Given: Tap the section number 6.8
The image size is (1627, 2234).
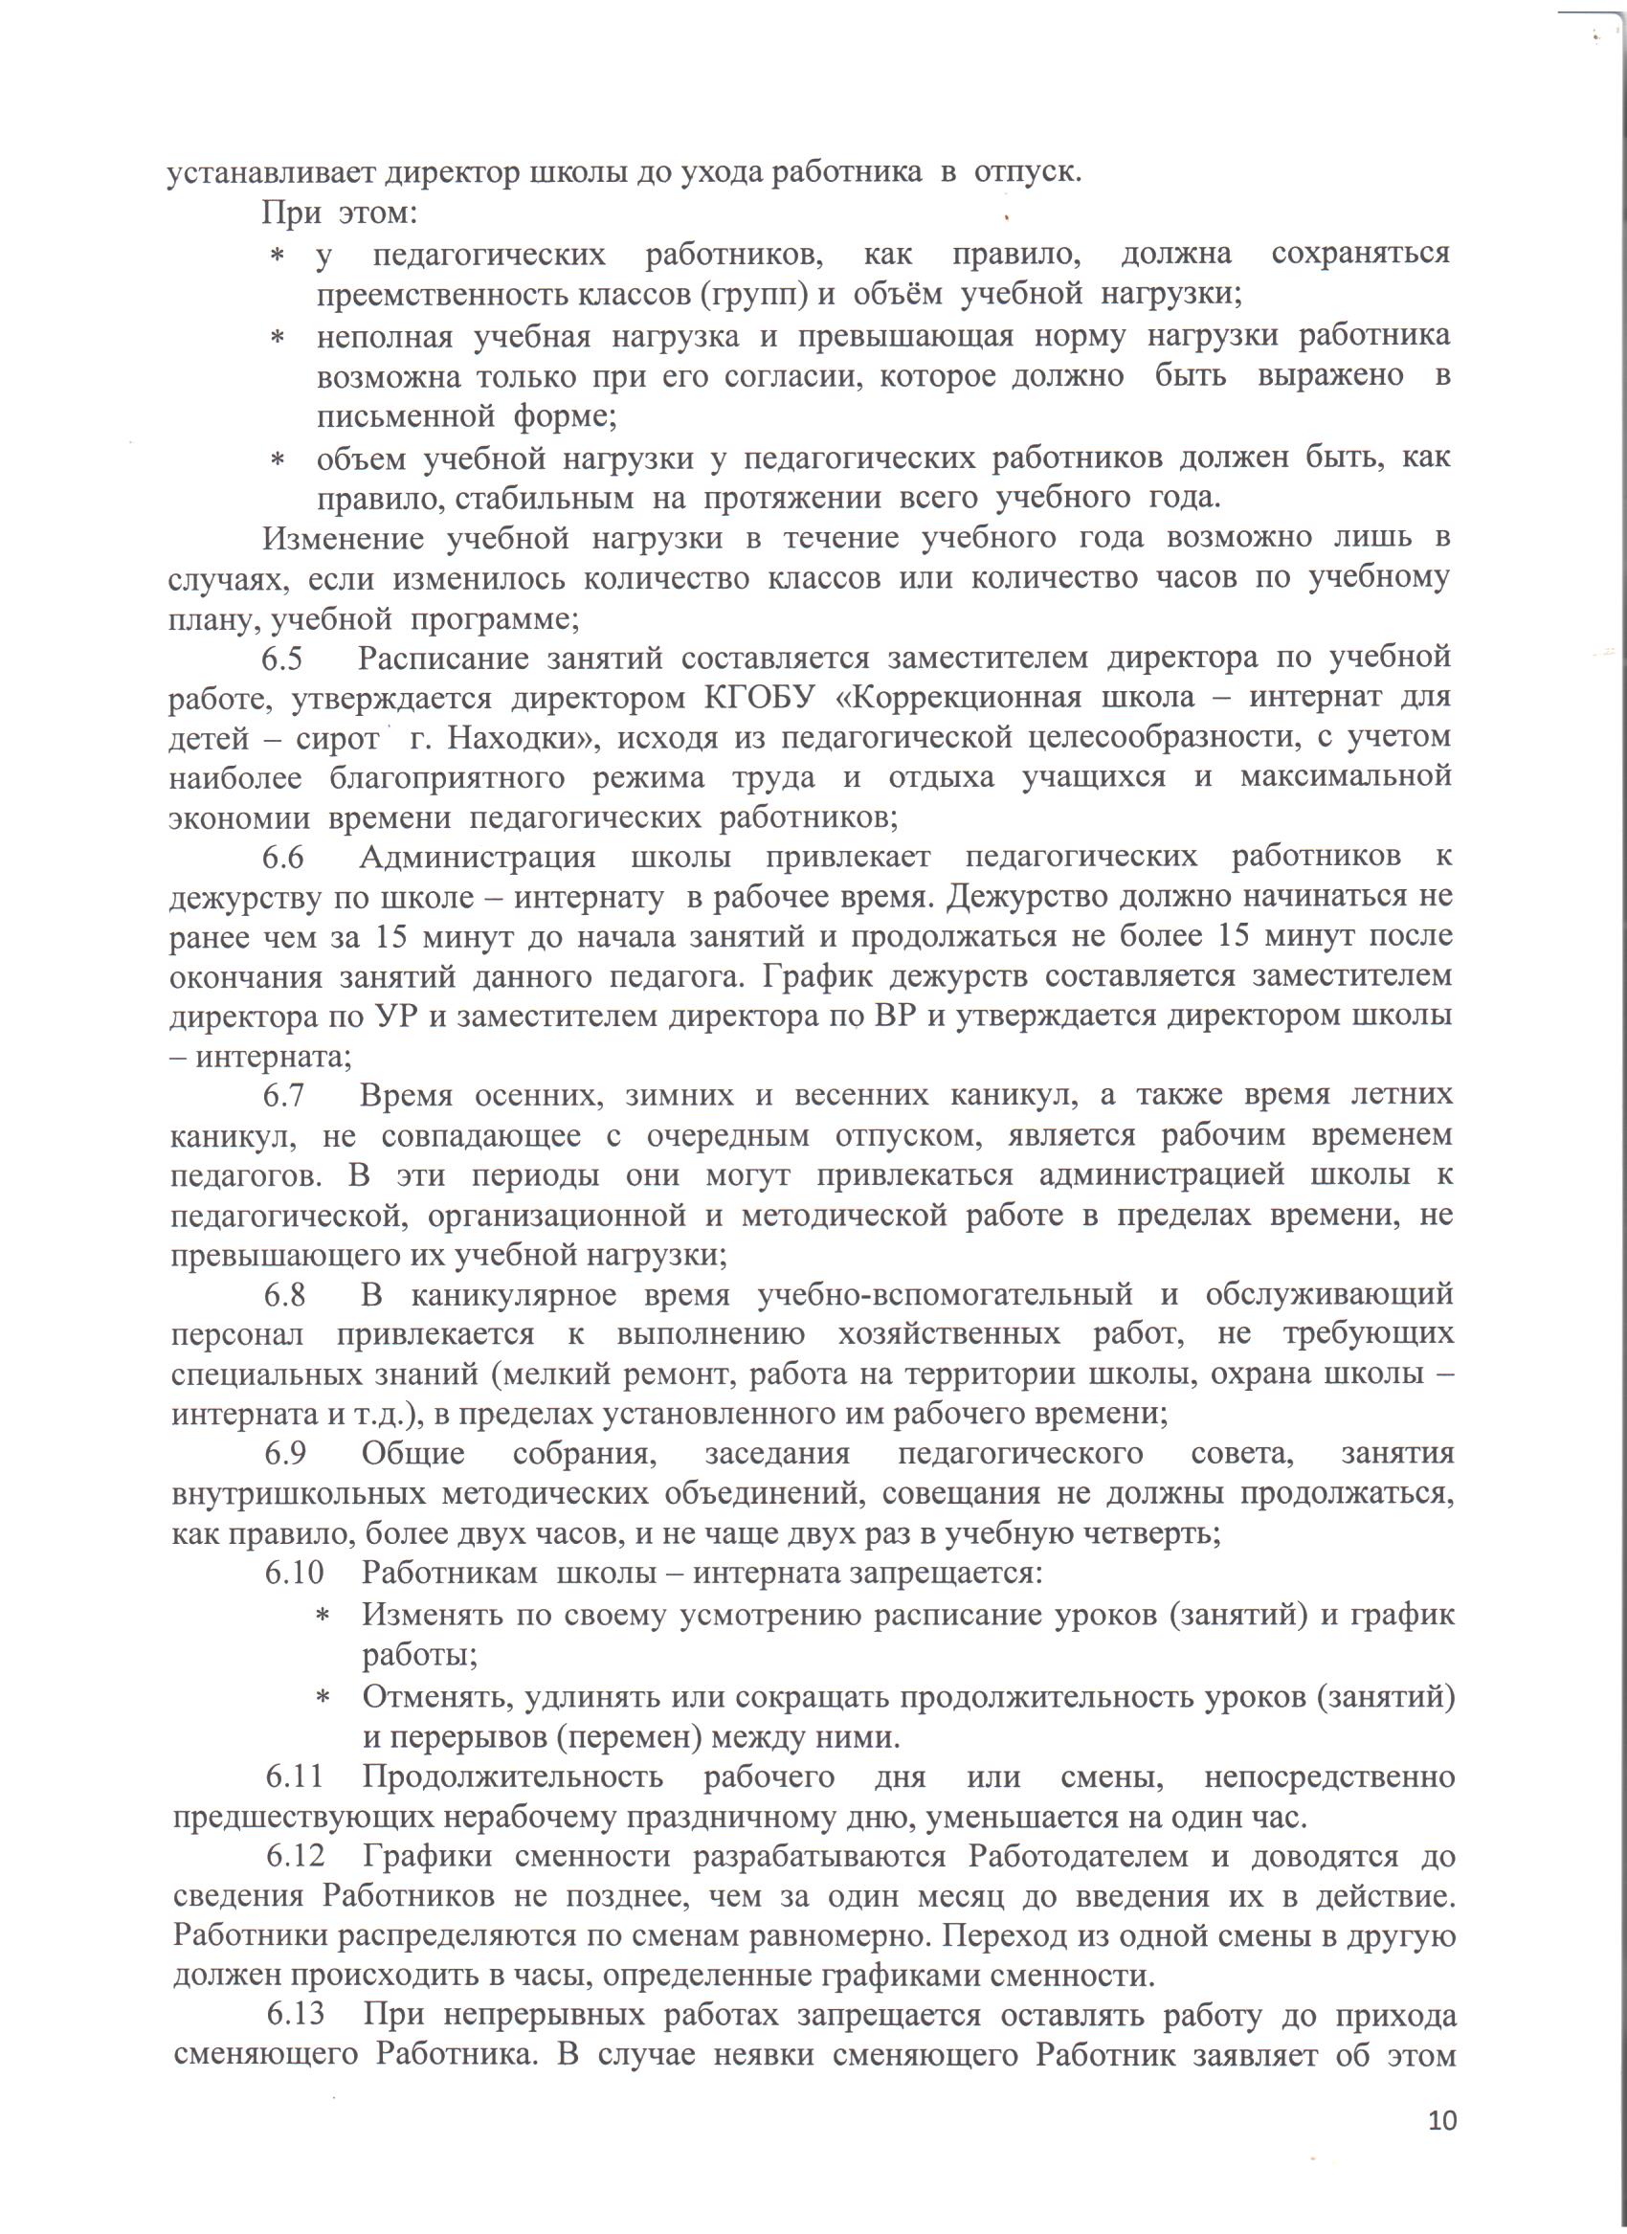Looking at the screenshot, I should (x=284, y=1294).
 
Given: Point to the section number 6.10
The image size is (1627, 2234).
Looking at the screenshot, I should (x=295, y=1573).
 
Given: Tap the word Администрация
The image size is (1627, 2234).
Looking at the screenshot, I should (x=478, y=857).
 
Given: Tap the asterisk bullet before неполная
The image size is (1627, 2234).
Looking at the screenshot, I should (x=278, y=338).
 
